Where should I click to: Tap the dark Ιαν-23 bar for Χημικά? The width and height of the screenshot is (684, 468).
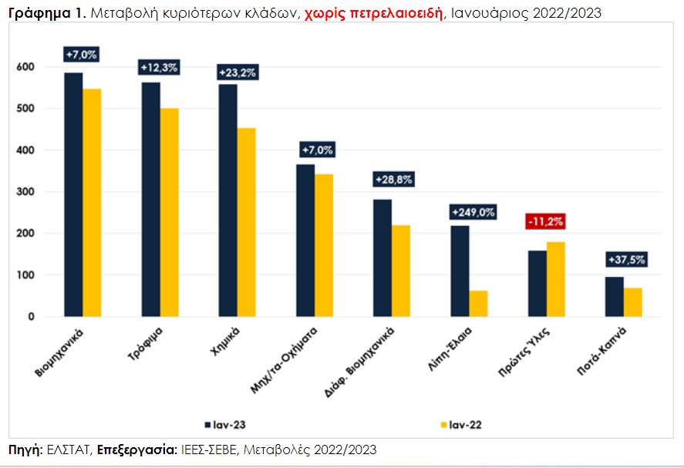227,200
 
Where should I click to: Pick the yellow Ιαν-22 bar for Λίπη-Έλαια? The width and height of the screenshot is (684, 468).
478,303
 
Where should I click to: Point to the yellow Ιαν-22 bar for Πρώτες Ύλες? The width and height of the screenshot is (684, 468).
555,279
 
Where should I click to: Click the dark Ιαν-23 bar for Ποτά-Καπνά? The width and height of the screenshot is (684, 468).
614,297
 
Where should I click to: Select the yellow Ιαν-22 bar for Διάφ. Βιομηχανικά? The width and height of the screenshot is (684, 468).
401,271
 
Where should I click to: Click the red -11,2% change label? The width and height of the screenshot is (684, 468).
546,221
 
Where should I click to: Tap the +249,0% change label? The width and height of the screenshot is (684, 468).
469,212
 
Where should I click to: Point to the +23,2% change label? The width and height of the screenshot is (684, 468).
238,72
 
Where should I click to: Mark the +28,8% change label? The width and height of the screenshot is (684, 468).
393,179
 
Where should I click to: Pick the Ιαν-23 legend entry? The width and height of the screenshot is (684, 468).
226,424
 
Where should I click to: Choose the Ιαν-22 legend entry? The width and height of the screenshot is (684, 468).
461,424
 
